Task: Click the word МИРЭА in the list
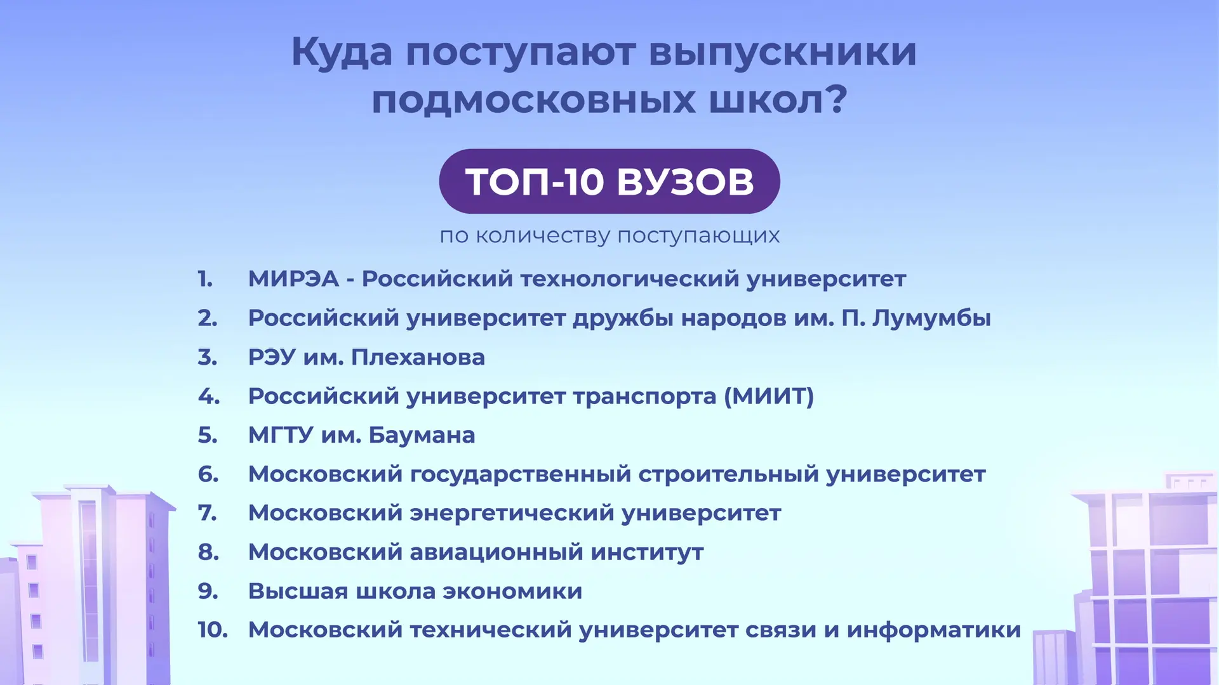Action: click(x=293, y=278)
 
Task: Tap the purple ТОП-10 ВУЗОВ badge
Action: click(x=609, y=181)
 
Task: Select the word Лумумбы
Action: click(x=931, y=318)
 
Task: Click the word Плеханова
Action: click(x=418, y=357)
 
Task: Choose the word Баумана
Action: click(x=422, y=435)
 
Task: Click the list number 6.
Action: click(x=208, y=474)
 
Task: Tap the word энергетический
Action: click(x=512, y=513)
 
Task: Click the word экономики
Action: click(x=512, y=591)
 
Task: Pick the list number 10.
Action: click(x=213, y=630)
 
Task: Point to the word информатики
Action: click(x=934, y=630)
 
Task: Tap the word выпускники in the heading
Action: click(x=783, y=52)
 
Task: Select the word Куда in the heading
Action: click(x=342, y=53)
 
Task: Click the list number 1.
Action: click(x=205, y=278)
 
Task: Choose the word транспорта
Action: click(x=645, y=397)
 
